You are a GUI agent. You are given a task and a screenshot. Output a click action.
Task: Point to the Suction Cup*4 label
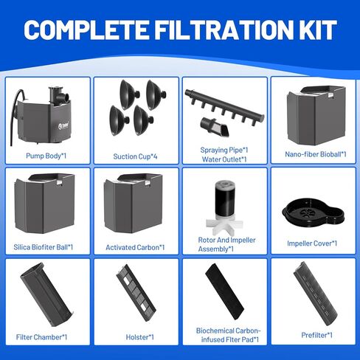click(136, 156)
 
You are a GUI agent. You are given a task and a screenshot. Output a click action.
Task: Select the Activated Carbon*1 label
click(136, 247)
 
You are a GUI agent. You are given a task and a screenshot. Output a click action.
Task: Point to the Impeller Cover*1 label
click(313, 243)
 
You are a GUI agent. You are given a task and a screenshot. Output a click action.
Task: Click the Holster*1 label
click(136, 337)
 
